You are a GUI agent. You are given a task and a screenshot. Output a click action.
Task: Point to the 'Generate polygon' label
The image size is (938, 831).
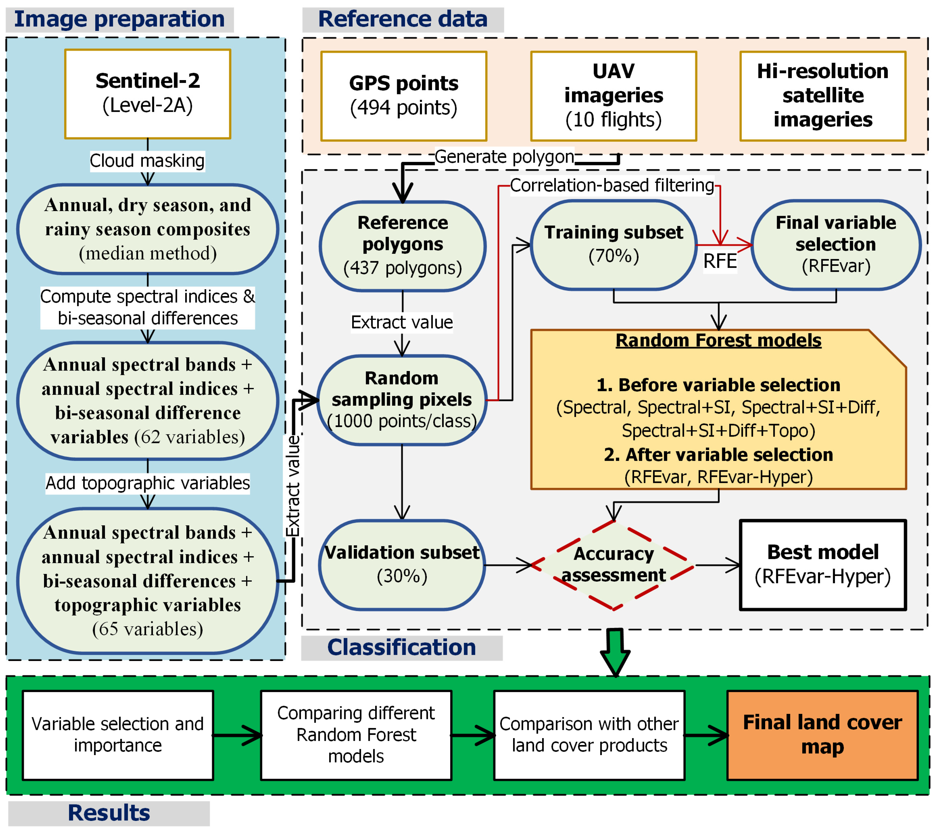pos(504,157)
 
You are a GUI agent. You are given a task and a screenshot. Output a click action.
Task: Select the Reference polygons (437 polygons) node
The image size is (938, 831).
pos(402,246)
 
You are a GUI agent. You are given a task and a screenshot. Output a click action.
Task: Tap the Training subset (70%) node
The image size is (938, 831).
pos(613,244)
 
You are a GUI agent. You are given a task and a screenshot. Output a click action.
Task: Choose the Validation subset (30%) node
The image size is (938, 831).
pos(402,565)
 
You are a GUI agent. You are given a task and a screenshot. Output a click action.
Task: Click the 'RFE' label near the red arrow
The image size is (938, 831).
pos(720,261)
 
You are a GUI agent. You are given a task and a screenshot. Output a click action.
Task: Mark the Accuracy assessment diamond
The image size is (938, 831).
pos(613,565)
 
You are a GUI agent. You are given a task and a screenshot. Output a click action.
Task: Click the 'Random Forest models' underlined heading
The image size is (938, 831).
pos(718,340)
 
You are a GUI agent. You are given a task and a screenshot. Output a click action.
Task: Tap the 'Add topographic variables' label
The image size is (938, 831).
pos(147,483)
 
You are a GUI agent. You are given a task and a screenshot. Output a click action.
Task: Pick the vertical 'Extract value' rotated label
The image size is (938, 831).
pos(293,486)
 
